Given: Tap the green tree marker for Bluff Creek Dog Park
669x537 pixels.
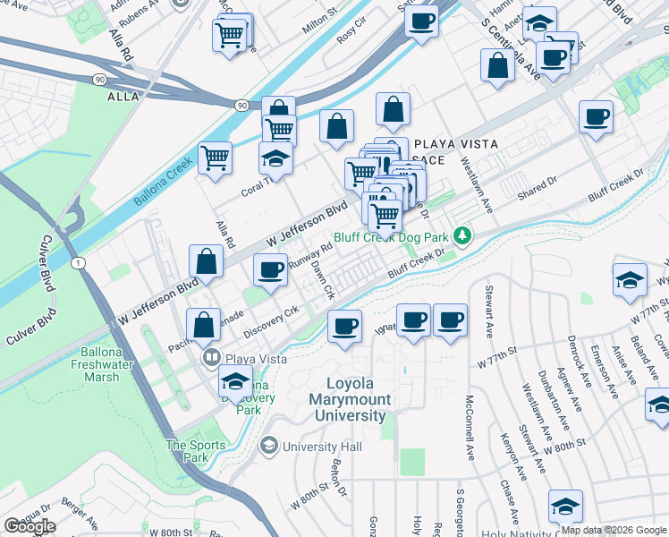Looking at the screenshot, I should pos(462,236).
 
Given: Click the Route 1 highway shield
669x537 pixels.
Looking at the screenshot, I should pos(80,261).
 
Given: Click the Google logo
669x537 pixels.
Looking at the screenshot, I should pos(30,526).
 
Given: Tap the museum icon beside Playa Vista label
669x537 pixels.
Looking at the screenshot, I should pos(212,359).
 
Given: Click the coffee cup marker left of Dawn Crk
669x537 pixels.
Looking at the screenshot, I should pos(269,268).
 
